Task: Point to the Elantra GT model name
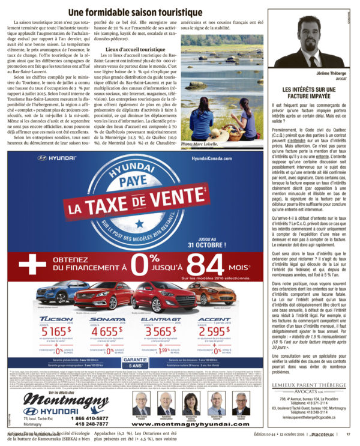[158, 319]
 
